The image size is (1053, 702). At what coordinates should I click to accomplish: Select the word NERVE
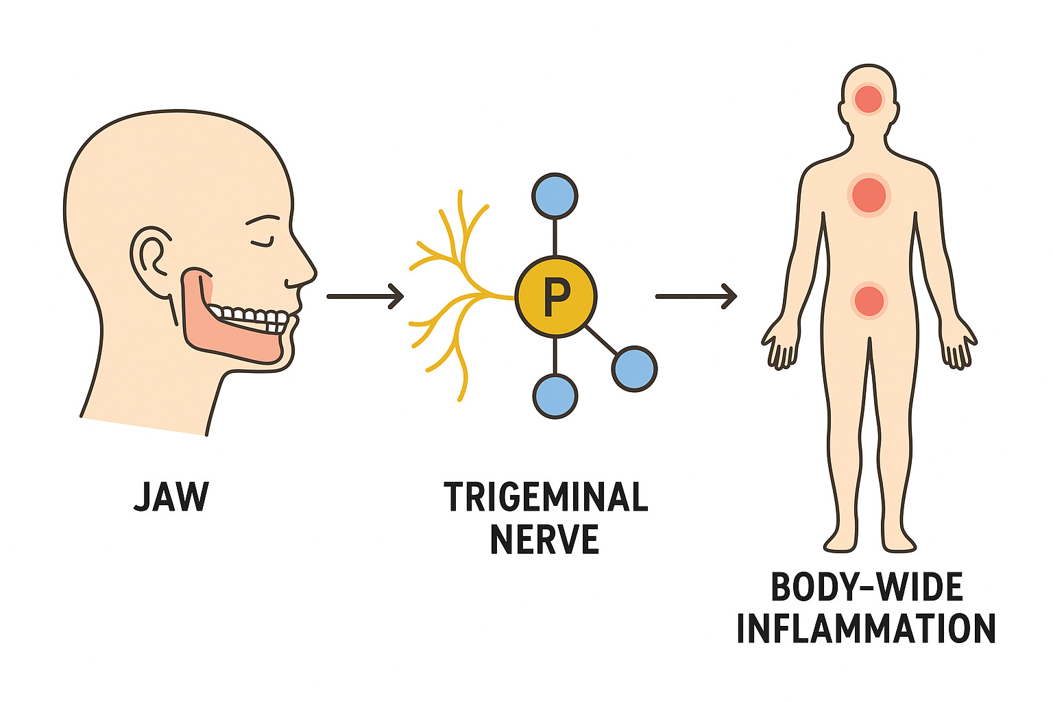coord(545,540)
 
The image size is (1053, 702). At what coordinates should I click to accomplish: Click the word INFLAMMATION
coord(866,628)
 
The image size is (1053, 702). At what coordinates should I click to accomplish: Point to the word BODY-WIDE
coord(867,588)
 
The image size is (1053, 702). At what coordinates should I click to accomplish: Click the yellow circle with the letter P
coord(555,296)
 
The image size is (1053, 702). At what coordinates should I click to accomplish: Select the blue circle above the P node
coord(555,196)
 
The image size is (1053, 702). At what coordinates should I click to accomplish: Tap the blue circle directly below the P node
coord(555,396)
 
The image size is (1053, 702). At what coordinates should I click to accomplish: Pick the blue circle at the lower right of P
coord(634,369)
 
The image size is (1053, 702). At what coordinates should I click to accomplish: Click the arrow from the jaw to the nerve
coord(365,296)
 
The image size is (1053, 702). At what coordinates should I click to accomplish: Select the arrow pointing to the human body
coord(695,296)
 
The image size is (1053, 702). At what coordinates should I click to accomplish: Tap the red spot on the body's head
coord(869,99)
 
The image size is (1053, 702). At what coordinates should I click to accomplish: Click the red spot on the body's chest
coord(869,195)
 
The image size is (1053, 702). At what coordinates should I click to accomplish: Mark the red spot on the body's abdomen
coord(869,301)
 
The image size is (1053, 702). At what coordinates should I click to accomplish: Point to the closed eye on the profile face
coord(262,241)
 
